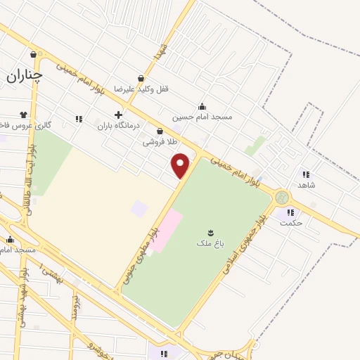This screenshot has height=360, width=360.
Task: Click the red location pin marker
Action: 181,166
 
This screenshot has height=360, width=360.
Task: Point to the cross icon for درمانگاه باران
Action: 118,115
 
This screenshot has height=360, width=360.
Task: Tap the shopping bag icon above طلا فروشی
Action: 160,131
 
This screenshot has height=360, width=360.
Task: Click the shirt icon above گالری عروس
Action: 24,113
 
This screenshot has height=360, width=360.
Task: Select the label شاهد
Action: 305,184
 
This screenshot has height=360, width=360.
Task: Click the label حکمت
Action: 290,222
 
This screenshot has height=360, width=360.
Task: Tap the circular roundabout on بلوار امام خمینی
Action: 282,197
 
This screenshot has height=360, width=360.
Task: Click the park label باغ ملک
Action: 209,243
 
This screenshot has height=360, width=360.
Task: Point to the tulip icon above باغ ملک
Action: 210,231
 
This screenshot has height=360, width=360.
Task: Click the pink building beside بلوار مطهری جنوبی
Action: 166,231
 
